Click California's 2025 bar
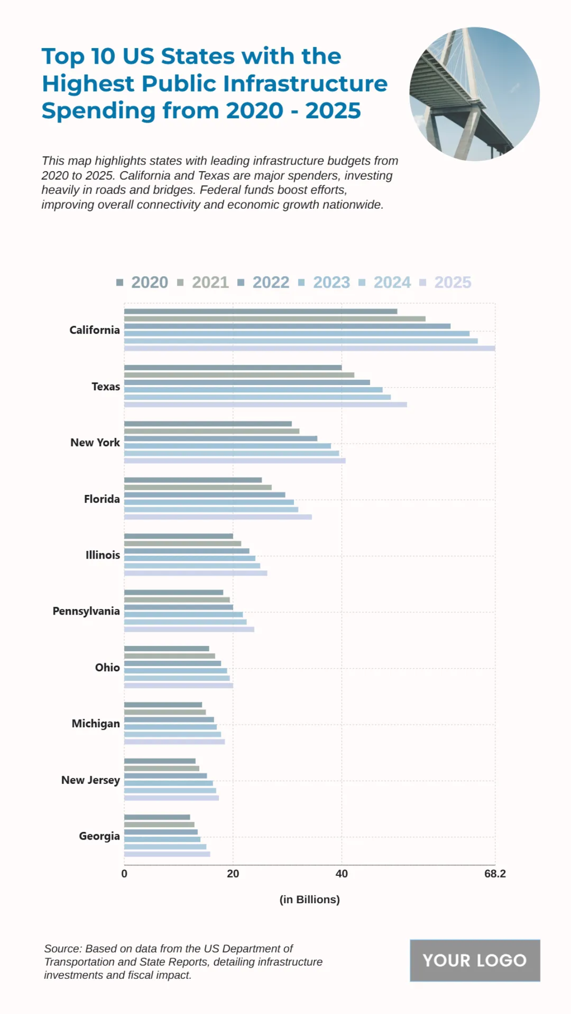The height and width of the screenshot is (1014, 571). click(309, 348)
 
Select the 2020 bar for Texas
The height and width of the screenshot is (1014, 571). click(233, 367)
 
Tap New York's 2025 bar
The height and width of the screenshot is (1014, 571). click(235, 461)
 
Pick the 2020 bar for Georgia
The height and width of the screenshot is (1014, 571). click(157, 817)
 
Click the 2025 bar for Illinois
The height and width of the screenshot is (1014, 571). click(196, 573)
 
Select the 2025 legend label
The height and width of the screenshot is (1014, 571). click(452, 282)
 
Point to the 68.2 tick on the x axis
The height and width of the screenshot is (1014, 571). click(495, 874)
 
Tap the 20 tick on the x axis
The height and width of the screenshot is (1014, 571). click(233, 874)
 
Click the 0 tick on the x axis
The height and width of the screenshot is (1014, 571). click(124, 874)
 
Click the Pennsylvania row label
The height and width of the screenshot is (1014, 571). click(86, 611)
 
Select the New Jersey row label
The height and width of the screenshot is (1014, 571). click(90, 780)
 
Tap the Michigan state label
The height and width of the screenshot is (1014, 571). click(96, 724)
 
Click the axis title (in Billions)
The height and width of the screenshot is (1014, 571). click(309, 899)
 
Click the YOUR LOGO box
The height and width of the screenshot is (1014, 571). click(474, 960)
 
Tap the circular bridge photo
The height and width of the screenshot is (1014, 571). click(474, 94)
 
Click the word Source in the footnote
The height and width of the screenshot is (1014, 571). click(62, 948)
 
